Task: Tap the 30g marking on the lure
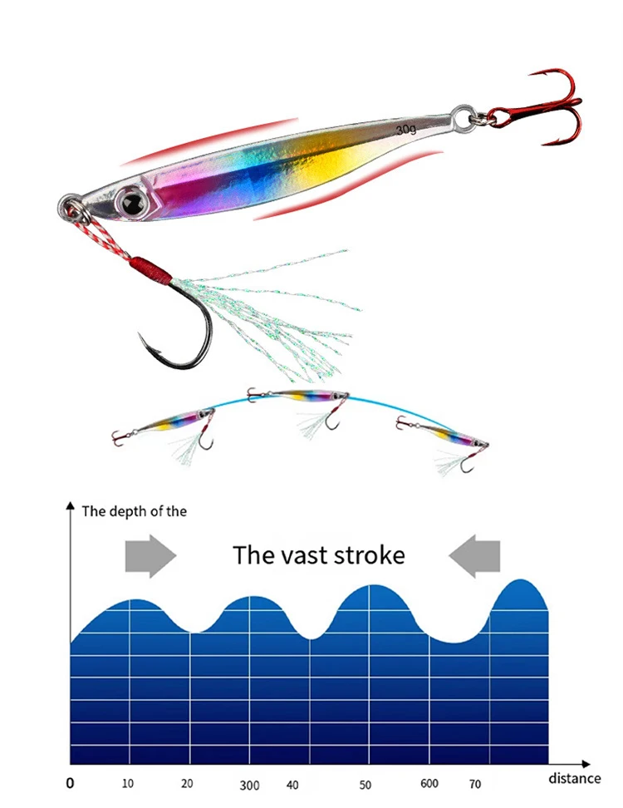[406, 130]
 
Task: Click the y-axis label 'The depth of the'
[134, 511]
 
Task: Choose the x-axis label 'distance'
[574, 778]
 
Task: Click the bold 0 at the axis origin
[70, 783]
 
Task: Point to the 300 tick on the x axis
[249, 785]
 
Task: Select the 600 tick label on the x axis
[429, 784]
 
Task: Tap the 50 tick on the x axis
[365, 784]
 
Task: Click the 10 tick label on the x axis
[128, 783]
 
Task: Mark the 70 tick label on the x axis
[475, 784]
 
